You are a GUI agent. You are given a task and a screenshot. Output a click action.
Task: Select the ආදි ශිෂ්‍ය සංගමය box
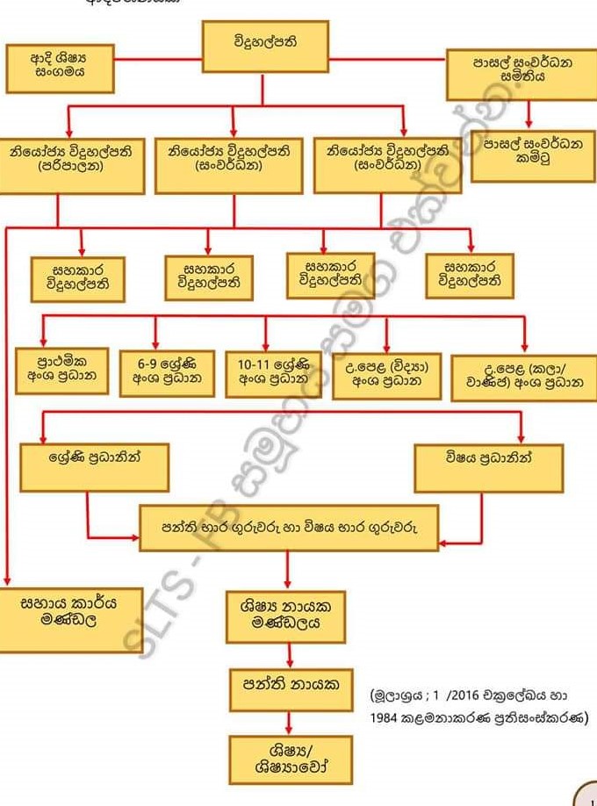[x=60, y=68]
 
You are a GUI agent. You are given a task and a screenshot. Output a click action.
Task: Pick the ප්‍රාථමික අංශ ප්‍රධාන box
[x=62, y=372]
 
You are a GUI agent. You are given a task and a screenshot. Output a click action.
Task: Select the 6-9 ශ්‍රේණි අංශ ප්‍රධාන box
[x=167, y=373]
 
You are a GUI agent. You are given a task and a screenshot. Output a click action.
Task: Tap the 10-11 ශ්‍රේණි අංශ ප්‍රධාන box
[x=272, y=373]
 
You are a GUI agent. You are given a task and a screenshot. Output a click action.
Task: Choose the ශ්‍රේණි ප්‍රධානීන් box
[x=95, y=466]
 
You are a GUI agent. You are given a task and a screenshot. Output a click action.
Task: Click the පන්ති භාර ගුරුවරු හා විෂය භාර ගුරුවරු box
[x=289, y=528]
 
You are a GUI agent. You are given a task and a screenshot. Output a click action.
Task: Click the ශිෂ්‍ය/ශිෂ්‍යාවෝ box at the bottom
[x=291, y=759]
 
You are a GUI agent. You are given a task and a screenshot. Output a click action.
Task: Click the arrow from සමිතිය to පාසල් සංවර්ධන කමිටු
[x=529, y=114]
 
